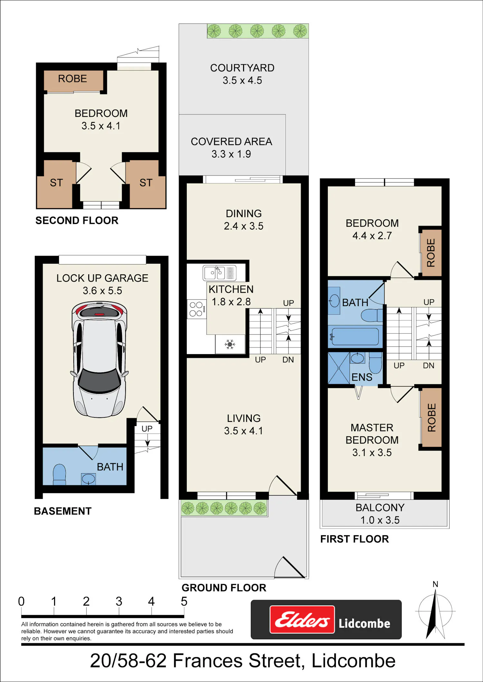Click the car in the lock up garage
(x=99, y=359)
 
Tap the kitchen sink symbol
(x=220, y=273)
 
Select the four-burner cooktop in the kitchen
(x=196, y=309)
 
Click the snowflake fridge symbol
(x=230, y=344)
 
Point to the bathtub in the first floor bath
(x=355, y=336)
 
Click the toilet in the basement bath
(x=59, y=474)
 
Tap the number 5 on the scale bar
(x=184, y=602)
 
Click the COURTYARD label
(x=242, y=68)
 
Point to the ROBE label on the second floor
(x=72, y=78)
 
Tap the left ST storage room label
(x=56, y=183)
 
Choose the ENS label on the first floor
(x=362, y=377)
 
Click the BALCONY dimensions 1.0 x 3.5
(x=380, y=520)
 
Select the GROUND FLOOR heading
(x=224, y=588)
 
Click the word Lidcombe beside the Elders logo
(x=364, y=623)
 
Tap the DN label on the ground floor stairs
(x=288, y=360)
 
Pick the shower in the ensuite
(x=339, y=368)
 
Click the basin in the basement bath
(x=88, y=479)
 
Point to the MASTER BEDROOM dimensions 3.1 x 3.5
(x=372, y=452)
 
